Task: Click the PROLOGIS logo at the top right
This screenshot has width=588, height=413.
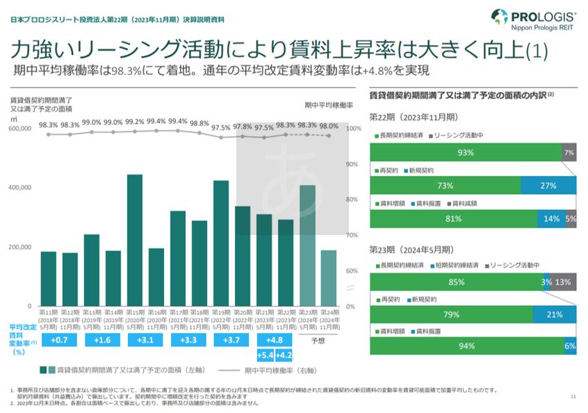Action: [534, 20]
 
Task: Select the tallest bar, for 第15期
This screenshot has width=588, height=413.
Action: [135, 240]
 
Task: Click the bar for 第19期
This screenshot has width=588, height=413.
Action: [221, 243]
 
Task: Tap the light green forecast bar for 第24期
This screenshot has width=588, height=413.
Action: [329, 278]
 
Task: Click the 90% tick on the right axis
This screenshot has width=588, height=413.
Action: [353, 164]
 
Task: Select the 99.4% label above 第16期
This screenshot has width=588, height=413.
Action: [156, 121]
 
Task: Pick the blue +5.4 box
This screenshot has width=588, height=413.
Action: [265, 355]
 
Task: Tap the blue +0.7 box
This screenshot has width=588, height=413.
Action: [59, 340]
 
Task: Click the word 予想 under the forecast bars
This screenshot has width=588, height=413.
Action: [318, 341]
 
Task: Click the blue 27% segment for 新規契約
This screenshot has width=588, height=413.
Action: [548, 186]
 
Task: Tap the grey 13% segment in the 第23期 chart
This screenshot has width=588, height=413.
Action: [564, 282]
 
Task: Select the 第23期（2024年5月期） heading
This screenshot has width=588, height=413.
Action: [411, 249]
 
